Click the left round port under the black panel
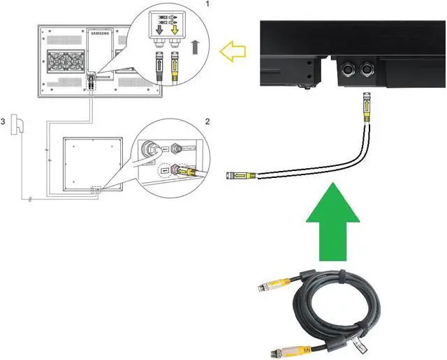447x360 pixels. pyautogui.click(x=346, y=70)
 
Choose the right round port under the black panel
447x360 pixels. pyautogui.click(x=365, y=70)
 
